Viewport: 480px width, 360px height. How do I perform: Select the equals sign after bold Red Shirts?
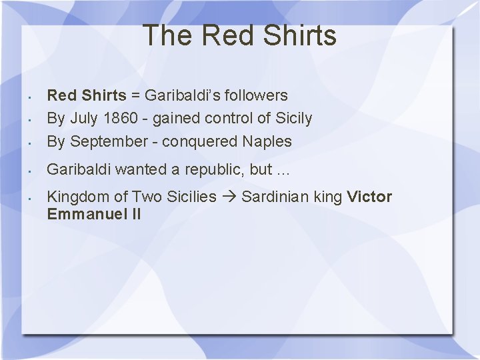pyautogui.click(x=135, y=95)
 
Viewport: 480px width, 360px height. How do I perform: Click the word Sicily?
pyautogui.click(x=294, y=119)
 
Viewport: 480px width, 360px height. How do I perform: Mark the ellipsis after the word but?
pyautogui.click(x=283, y=170)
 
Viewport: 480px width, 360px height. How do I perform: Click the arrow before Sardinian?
pyautogui.click(x=229, y=197)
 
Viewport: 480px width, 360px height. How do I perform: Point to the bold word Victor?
pyautogui.click(x=370, y=197)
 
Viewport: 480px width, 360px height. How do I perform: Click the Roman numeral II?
pyautogui.click(x=134, y=214)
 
